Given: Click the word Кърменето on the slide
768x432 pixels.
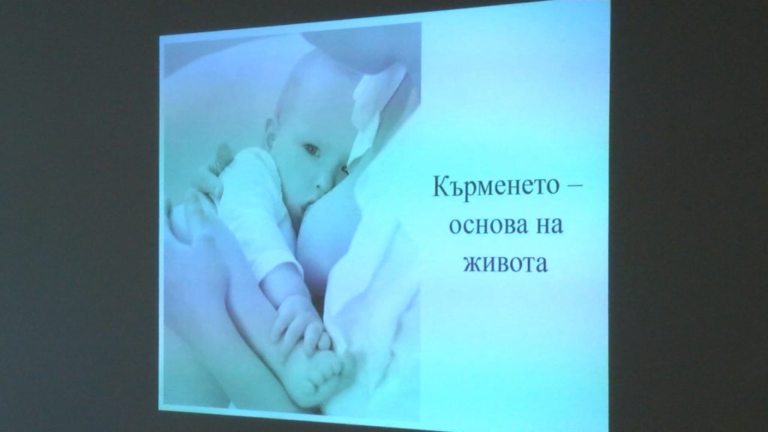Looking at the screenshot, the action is tap(495, 187).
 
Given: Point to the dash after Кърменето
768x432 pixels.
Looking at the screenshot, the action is tap(576, 187).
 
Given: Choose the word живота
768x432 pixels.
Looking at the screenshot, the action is tap(505, 263).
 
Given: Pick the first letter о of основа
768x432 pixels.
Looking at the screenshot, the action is tap(455, 226).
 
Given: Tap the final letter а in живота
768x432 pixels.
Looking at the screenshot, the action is tap(541, 264).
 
